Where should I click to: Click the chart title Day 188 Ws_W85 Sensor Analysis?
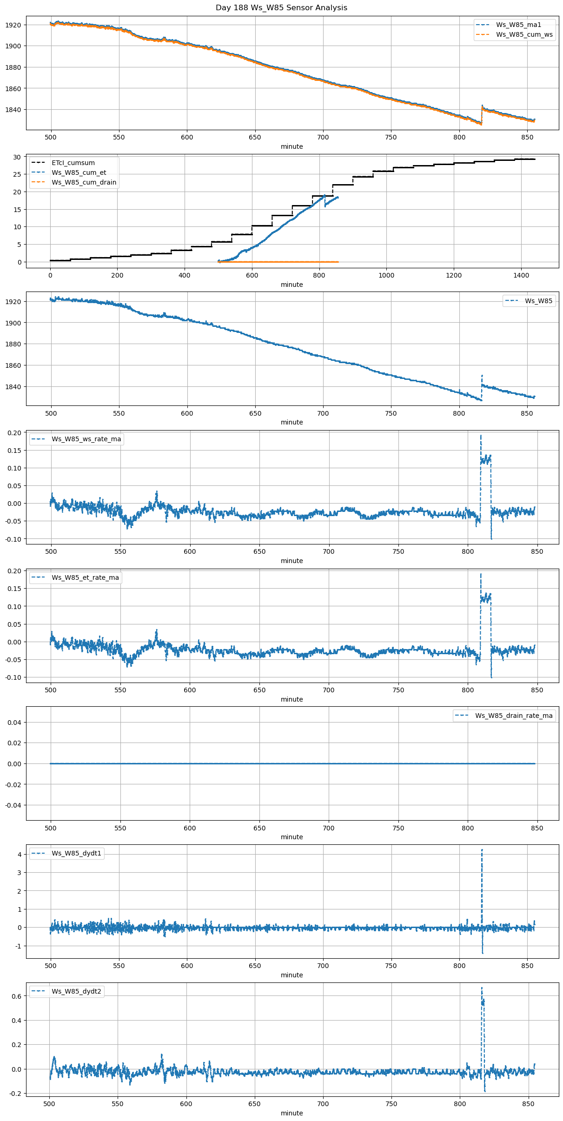tap(281, 8)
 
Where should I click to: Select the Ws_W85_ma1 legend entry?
tap(518, 25)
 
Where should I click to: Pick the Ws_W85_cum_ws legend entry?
tap(524, 34)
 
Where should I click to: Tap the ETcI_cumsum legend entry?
tap(73, 163)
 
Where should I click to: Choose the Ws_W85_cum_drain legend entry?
tap(84, 182)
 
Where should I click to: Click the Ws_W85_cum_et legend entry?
tap(79, 172)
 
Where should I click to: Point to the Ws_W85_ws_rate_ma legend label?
tap(86, 439)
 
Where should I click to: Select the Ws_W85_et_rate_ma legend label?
tap(85, 577)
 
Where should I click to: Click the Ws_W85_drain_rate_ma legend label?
tap(514, 716)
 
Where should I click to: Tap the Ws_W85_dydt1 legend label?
tap(76, 853)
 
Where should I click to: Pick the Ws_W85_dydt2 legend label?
tap(76, 991)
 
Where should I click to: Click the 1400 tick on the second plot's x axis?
tap(521, 275)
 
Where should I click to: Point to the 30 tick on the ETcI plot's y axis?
tap(17, 157)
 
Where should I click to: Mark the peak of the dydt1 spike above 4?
tap(482, 849)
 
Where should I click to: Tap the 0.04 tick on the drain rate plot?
tap(15, 722)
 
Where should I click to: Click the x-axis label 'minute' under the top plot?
tap(291, 146)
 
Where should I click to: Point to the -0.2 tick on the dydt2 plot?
tap(15, 1094)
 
